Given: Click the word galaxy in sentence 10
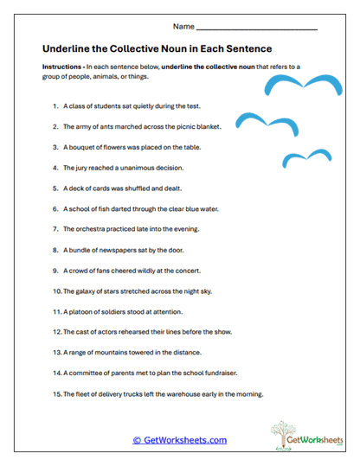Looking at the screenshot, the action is click(87, 290).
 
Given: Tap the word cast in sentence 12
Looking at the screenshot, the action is click(82, 331).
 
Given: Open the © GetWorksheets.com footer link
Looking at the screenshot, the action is click(179, 440).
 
